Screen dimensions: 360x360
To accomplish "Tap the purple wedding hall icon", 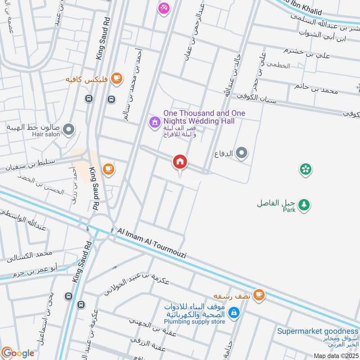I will point(154,121).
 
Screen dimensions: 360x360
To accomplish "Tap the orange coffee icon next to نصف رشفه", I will point(258,294).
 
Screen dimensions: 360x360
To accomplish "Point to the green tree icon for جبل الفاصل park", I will point(305,204).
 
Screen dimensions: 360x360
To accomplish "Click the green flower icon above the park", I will point(306,169).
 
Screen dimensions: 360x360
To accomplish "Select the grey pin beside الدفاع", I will point(242,154).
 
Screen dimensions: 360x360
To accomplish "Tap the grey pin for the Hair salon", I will point(68,130).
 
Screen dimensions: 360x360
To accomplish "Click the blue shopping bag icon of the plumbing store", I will point(234,312).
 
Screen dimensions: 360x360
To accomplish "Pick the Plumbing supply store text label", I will point(195,322).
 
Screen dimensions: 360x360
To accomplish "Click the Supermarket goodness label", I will point(318,331).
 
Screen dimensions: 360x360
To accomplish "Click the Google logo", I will point(18,353).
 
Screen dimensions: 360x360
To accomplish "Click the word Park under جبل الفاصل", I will point(288,210).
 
